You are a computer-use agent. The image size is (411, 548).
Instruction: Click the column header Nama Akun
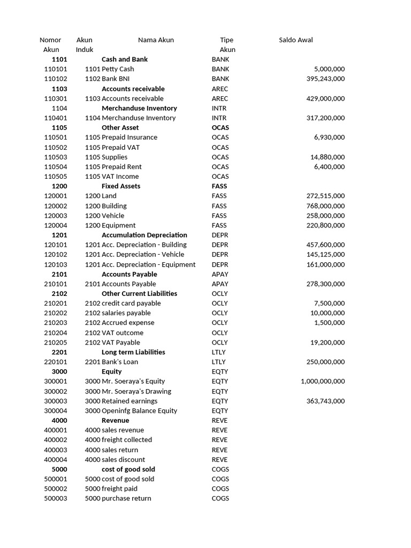coord(156,40)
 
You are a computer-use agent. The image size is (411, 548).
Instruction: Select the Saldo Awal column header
coord(296,40)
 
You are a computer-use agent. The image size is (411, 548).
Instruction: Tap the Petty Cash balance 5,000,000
coord(329,69)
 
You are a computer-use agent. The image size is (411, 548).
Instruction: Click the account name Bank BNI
coord(116,79)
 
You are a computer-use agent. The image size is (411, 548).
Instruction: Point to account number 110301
coord(56,98)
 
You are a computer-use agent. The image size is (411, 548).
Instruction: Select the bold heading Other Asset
coord(120,128)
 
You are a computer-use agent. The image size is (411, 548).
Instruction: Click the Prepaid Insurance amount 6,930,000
coord(329,138)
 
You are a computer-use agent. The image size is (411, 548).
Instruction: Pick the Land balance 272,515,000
coord(325,196)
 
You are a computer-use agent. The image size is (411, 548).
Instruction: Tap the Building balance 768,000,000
coord(325,206)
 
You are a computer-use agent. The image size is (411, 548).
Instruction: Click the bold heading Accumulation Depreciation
coord(144,235)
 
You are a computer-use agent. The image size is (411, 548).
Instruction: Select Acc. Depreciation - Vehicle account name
coord(142,255)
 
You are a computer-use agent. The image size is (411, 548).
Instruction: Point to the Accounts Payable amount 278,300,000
coord(325,284)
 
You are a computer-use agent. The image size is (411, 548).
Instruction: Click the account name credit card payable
coord(131,303)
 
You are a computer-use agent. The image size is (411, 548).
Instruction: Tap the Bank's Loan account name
coord(120,362)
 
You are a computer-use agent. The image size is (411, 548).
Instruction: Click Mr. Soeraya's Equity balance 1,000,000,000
coord(323,382)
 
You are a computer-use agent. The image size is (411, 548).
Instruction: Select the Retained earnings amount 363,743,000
coord(325,401)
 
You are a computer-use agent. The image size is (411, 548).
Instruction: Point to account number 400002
coord(56,440)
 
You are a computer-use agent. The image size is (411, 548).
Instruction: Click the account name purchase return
coord(126,498)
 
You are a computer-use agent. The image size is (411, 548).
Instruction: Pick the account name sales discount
coord(123,460)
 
